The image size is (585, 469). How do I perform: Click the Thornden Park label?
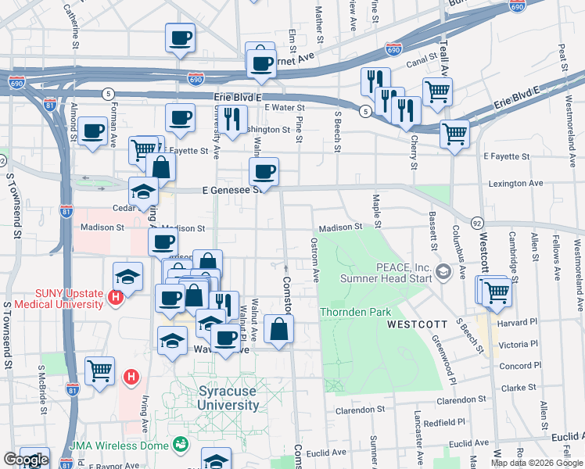tap(355, 312)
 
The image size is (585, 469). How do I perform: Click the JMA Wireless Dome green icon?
tap(181, 445)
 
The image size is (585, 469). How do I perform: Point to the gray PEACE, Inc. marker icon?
tap(444, 272)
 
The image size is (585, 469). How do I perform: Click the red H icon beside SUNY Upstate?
tap(116, 297)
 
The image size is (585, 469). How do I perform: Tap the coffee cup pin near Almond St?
tap(93, 131)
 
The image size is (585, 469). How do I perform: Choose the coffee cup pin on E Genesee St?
tap(264, 171)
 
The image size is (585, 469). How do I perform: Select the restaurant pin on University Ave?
tap(231, 118)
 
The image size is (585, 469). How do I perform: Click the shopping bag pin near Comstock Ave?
tap(278, 328)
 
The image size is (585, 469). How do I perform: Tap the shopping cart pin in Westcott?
tap(497, 292)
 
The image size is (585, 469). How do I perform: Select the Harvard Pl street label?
tap(518, 322)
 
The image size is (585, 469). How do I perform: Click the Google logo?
tap(25, 460)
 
